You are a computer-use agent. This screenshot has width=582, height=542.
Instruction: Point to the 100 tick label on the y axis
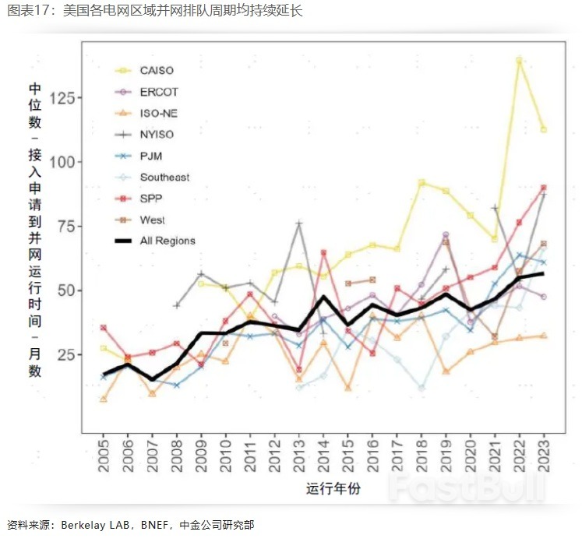tap(64, 162)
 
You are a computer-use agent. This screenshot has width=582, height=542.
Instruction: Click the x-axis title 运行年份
tap(333, 489)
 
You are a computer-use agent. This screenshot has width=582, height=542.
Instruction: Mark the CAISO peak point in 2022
tap(519, 60)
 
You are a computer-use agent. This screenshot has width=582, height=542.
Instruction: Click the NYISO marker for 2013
tap(299, 223)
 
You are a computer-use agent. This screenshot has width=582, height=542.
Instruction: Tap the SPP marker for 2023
tap(543, 188)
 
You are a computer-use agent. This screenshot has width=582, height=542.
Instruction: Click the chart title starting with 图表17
tap(155, 11)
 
